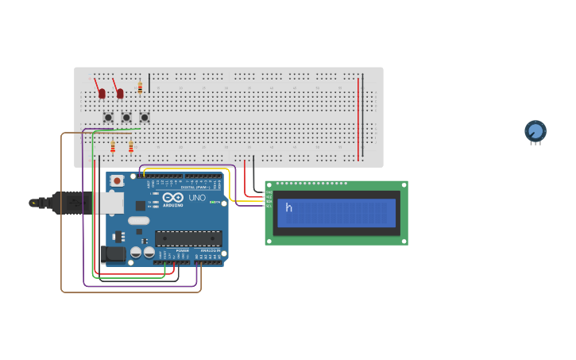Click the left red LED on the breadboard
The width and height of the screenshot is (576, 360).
pyautogui.click(x=102, y=94)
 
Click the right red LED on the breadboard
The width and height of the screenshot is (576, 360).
pyautogui.click(x=120, y=94)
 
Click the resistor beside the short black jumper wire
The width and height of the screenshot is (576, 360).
pyautogui.click(x=140, y=87)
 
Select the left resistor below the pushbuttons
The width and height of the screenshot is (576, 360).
pyautogui.click(x=113, y=146)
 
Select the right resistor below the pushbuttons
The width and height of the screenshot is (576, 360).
pyautogui.click(x=131, y=146)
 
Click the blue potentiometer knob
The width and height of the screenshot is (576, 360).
pyautogui.click(x=535, y=131)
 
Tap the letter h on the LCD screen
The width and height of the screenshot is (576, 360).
pyautogui.click(x=289, y=208)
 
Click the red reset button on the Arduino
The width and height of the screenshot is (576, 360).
pyautogui.click(x=118, y=180)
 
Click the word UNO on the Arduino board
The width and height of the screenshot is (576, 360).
pyautogui.click(x=196, y=198)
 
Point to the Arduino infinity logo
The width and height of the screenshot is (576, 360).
pyautogui.click(x=173, y=197)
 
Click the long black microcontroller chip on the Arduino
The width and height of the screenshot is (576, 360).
pyautogui.click(x=188, y=237)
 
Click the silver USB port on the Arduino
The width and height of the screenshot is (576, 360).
pyautogui.click(x=111, y=203)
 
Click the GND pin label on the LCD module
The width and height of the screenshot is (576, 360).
pyautogui.click(x=269, y=193)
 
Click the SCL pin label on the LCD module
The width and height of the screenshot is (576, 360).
pyautogui.click(x=269, y=206)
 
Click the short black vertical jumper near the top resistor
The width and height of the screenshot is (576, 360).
pyautogui.click(x=149, y=83)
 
